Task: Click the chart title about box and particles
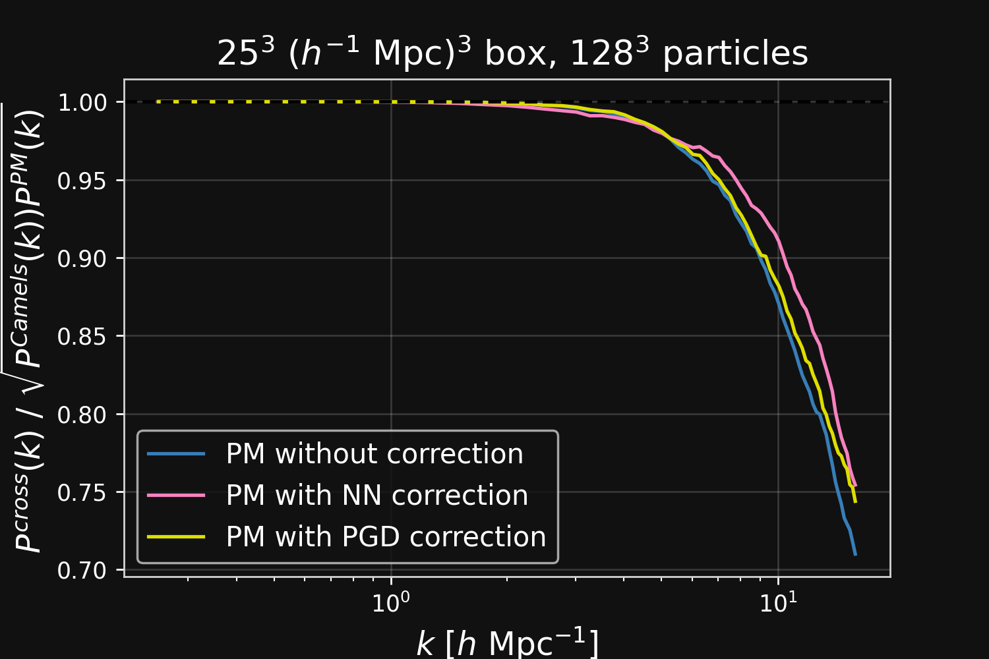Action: [512, 53]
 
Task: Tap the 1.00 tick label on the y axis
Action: [82, 103]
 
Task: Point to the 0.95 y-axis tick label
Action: [82, 181]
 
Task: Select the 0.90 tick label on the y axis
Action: [82, 258]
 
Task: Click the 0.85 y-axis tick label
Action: [82, 337]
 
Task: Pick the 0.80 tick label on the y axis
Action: [82, 415]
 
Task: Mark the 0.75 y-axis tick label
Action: [82, 492]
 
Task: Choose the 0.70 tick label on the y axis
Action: [82, 571]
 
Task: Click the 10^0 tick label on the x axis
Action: [391, 601]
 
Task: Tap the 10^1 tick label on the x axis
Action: [779, 601]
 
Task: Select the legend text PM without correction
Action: [375, 454]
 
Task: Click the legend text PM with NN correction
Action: [377, 496]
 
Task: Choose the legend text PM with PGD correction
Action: [386, 536]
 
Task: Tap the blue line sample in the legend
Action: [176, 454]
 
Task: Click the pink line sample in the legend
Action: [176, 496]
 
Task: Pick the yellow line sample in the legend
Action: [176, 536]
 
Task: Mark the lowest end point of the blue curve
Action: [855, 555]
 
